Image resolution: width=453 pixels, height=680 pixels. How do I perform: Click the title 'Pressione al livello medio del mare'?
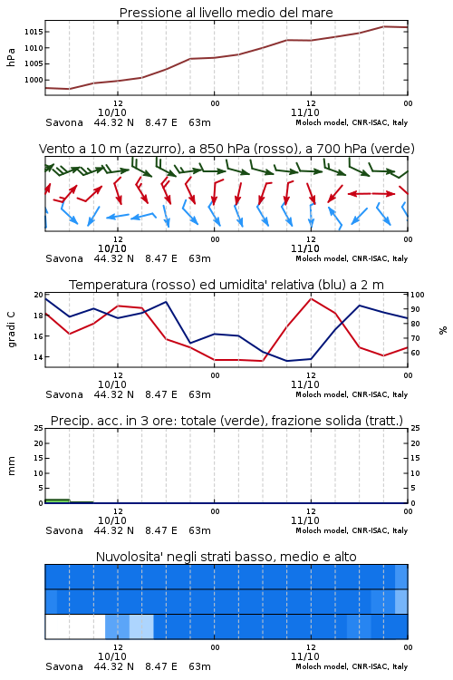[226, 13]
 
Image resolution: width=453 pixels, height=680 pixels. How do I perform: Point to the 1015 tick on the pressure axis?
[34, 32]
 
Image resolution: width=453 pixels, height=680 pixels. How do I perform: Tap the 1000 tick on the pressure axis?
[34, 80]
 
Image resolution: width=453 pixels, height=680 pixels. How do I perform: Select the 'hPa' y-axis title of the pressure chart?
[11, 57]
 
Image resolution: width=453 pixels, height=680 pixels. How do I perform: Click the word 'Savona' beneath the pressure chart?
[64, 122]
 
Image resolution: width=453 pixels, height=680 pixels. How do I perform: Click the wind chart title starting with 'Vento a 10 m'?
[226, 149]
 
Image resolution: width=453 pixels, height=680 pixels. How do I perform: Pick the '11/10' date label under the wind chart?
[305, 248]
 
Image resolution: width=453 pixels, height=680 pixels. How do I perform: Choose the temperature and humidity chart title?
[226, 285]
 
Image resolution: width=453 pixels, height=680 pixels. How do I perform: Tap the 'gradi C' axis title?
[11, 329]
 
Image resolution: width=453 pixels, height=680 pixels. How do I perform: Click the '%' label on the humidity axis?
[443, 330]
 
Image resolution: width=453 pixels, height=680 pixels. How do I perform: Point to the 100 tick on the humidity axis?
[418, 295]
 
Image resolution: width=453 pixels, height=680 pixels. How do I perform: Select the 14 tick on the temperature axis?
[38, 357]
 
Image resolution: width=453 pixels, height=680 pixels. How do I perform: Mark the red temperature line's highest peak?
[311, 298]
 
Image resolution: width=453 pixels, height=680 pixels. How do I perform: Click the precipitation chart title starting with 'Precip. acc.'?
[226, 421]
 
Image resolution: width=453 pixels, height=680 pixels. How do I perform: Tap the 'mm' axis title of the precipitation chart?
[11, 466]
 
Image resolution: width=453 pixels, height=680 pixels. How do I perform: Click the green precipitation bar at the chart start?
[57, 500]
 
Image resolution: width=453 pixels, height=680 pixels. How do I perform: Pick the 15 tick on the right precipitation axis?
[415, 458]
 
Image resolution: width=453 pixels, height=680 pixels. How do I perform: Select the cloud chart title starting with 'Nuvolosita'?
[226, 557]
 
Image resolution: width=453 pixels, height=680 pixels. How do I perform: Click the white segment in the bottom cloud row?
[75, 627]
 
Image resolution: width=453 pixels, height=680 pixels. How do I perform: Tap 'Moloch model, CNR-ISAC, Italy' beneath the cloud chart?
[352, 666]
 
